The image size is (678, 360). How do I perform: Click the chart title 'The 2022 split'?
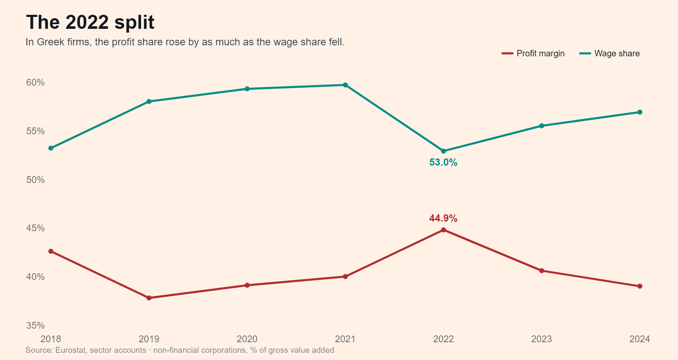click(90, 22)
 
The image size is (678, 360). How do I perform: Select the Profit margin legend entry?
click(533, 53)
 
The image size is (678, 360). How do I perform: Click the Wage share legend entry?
click(609, 53)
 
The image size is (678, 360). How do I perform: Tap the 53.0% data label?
click(443, 163)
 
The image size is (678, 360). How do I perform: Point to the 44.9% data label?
click(443, 218)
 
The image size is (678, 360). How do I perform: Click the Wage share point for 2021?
click(345, 85)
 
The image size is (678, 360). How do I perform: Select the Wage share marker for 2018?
click(51, 148)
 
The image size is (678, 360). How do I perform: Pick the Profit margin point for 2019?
click(149, 298)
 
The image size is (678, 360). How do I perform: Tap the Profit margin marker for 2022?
click(443, 230)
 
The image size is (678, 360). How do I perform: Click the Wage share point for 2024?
click(640, 112)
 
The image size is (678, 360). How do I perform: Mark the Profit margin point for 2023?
click(542, 271)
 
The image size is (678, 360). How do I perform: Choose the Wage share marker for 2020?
click(247, 89)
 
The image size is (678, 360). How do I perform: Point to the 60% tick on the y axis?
click(36, 82)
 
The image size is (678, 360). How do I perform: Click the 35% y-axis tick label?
click(36, 326)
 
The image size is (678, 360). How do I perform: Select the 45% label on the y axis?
click(36, 228)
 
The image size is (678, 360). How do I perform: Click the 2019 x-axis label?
click(149, 339)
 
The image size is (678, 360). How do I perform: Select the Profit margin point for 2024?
click(640, 286)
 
